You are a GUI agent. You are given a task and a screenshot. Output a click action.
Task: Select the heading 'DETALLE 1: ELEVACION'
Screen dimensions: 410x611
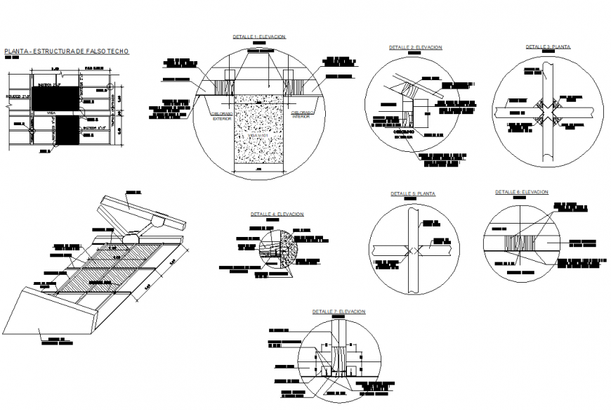[259, 36]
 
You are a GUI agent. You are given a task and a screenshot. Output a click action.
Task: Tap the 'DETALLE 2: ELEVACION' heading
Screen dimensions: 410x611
[415, 47]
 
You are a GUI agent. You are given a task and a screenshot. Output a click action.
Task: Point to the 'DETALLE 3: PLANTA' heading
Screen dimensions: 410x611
[548, 46]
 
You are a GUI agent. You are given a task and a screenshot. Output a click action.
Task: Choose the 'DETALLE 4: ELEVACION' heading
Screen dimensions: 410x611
[277, 214]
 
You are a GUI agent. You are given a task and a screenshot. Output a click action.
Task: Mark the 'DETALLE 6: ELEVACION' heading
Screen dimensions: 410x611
[521, 192]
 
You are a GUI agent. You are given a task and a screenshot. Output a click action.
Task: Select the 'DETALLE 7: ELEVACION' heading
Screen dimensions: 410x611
[339, 311]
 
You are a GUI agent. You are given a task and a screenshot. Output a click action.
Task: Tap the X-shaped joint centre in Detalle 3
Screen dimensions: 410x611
[547, 113]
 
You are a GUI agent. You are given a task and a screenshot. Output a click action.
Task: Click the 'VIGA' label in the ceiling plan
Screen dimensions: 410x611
[51, 111]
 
